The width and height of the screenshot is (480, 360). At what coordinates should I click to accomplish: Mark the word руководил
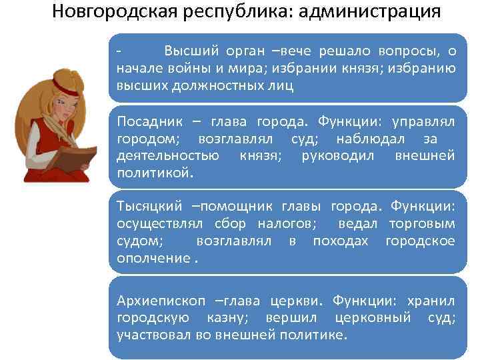[340, 155]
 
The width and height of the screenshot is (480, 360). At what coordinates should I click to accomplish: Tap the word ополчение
[153, 257]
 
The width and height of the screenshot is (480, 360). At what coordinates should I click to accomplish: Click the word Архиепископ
[158, 299]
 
